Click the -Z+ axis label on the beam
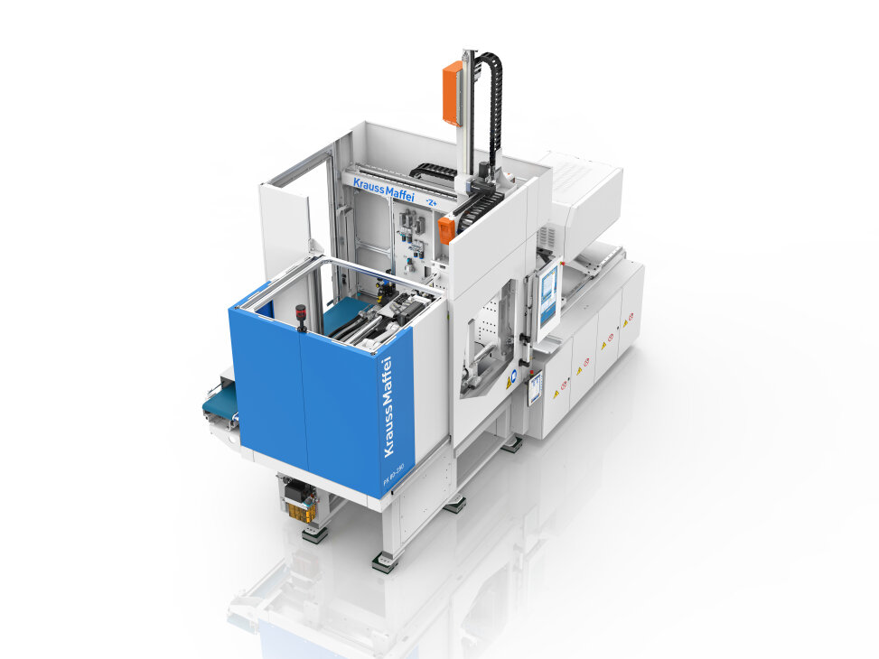[433, 203]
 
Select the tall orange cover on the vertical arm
[452, 92]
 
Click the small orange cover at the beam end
[446, 229]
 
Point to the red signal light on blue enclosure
[301, 314]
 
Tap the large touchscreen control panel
[548, 299]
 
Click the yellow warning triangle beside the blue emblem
[510, 382]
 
